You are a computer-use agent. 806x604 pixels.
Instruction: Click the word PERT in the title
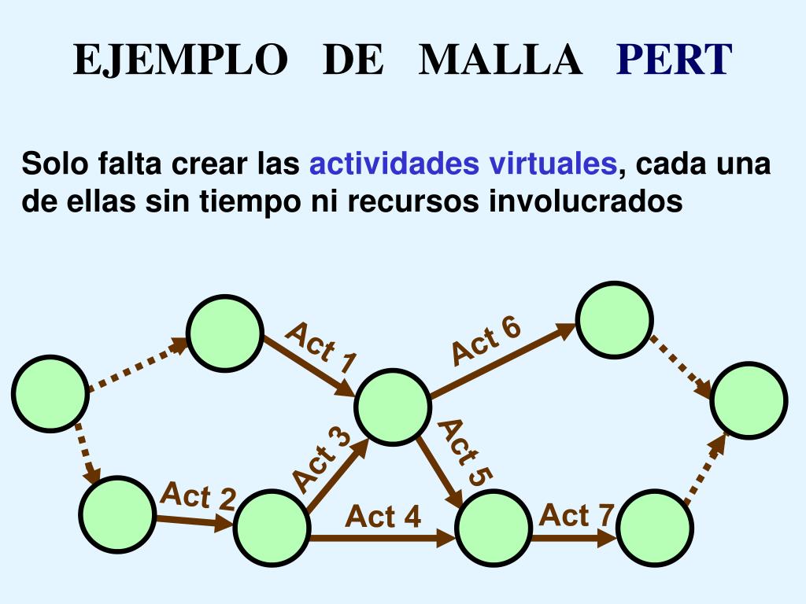pos(674,60)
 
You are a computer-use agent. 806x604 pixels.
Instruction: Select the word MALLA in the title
pos(501,60)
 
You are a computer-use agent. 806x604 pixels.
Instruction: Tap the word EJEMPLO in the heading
pos(180,60)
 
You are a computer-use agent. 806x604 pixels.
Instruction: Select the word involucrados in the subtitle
pos(586,201)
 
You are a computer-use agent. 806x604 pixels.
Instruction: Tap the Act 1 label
pos(321,348)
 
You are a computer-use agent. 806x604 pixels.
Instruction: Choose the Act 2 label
pos(198,496)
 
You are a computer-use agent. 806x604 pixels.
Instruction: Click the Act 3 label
pos(321,460)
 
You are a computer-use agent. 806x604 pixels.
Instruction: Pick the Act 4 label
pos(383,517)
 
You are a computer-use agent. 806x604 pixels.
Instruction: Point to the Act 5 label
pos(465,452)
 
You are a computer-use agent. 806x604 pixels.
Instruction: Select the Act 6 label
pos(486,341)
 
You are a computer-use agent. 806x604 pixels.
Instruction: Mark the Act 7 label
pos(577,515)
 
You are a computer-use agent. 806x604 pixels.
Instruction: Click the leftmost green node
pos(49,394)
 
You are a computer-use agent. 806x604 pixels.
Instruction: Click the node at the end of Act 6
pos(614,319)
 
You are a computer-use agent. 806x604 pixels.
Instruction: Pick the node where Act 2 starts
pos(116,513)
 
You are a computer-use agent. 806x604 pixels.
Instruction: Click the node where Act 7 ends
pos(655,527)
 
